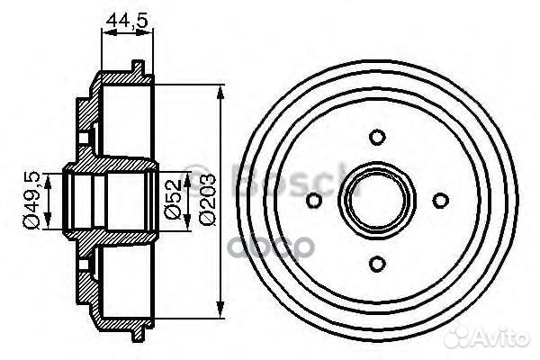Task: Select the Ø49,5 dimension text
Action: (x=30, y=199)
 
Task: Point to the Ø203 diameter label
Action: (x=207, y=199)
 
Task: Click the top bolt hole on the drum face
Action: (x=378, y=137)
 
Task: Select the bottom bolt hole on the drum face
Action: (x=378, y=263)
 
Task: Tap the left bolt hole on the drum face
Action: (x=314, y=200)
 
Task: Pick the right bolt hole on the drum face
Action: (x=441, y=200)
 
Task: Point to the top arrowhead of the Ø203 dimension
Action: (x=221, y=90)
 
